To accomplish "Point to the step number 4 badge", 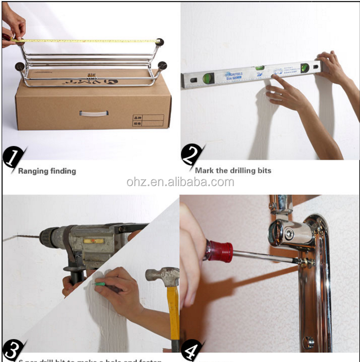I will tap(190, 351).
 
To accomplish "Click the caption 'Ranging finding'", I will tap(47, 171).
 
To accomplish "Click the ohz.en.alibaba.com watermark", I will tap(180, 182).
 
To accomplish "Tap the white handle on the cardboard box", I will tap(94, 113).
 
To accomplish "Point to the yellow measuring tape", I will tap(89, 41).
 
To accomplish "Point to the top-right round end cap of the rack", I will tap(159, 42).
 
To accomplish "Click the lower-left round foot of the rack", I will tap(20, 66).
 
